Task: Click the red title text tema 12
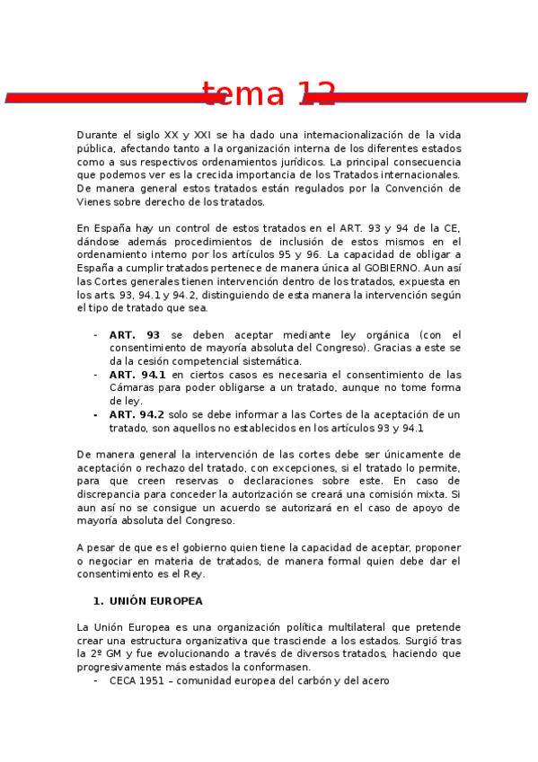269,94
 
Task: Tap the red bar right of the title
431,96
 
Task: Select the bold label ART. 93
135,335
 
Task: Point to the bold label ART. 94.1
137,375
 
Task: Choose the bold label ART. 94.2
137,415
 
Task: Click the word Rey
197,574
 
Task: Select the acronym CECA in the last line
125,681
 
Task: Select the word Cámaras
133,388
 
